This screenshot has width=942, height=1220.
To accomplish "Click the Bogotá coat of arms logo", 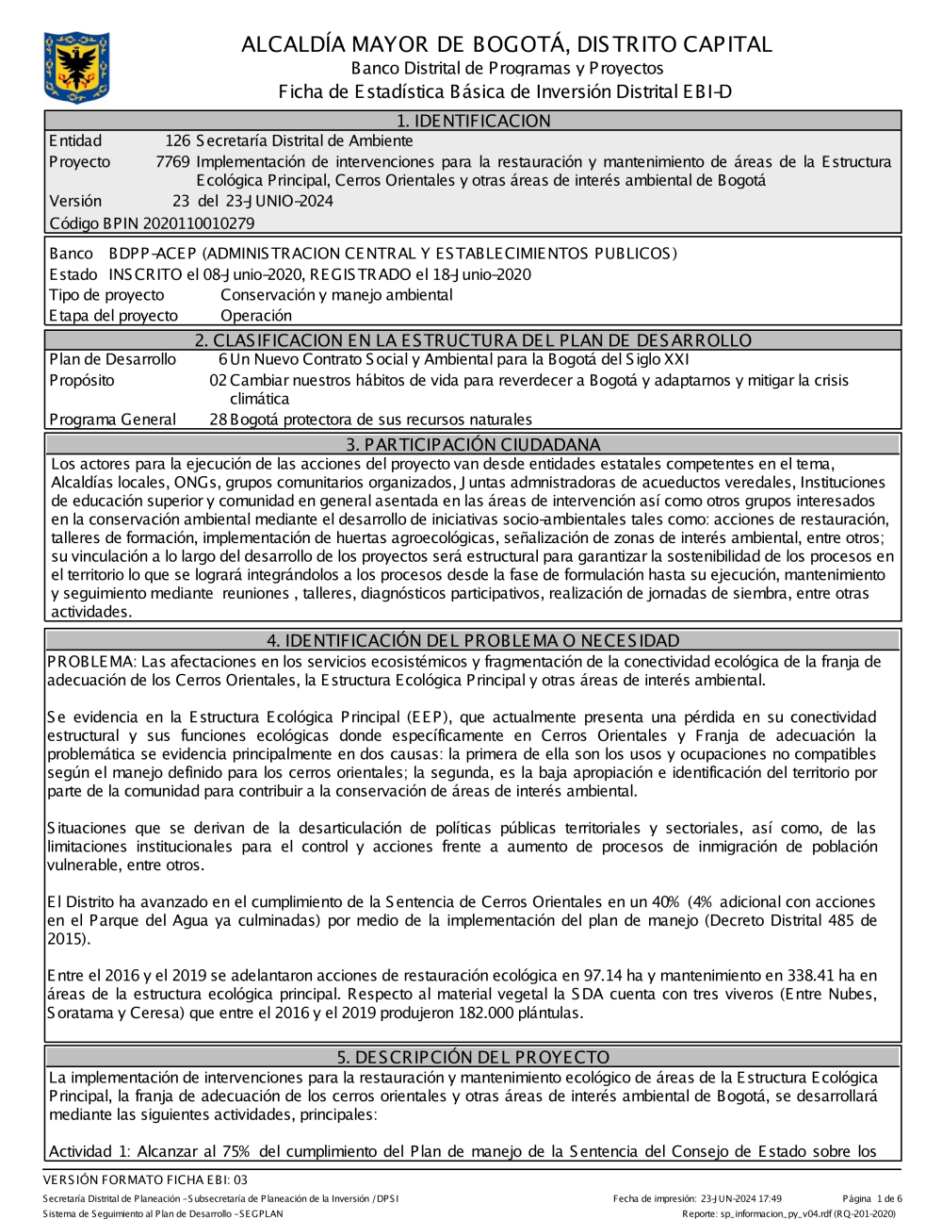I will click(x=76, y=67).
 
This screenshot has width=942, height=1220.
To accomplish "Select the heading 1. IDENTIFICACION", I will click(x=473, y=121).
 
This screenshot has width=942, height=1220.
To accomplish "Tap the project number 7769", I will click(x=172, y=162).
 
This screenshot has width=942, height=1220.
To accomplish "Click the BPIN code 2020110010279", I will click(x=199, y=223).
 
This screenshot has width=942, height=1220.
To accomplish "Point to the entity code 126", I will click(x=177, y=141).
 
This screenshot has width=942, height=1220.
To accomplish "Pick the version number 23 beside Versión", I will click(x=181, y=201).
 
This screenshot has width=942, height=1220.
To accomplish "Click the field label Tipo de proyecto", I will click(x=106, y=295).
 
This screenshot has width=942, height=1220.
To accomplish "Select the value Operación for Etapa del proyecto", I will click(x=256, y=316).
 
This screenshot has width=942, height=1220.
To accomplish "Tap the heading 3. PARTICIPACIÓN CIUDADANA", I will click(x=473, y=444).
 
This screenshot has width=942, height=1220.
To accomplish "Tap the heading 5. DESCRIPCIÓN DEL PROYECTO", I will click(x=473, y=1057).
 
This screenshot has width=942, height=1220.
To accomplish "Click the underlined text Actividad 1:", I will click(x=90, y=1151).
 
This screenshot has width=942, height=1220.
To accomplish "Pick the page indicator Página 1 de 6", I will click(x=872, y=1199).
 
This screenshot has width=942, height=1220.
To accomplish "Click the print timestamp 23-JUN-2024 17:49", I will click(x=741, y=1199).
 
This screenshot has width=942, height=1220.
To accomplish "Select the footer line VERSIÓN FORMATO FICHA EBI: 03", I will click(x=145, y=1179).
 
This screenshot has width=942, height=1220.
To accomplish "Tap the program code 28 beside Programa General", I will click(x=218, y=420).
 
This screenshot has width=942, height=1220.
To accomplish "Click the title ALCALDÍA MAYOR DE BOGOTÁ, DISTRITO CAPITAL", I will click(x=507, y=44).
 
